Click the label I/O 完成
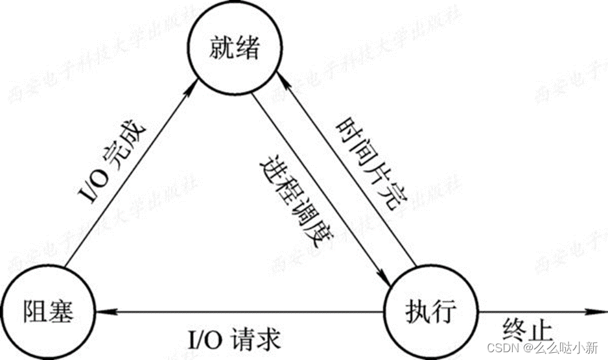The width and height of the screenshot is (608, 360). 114,160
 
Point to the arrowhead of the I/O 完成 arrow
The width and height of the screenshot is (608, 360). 194,87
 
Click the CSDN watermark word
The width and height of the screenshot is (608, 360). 502,348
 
